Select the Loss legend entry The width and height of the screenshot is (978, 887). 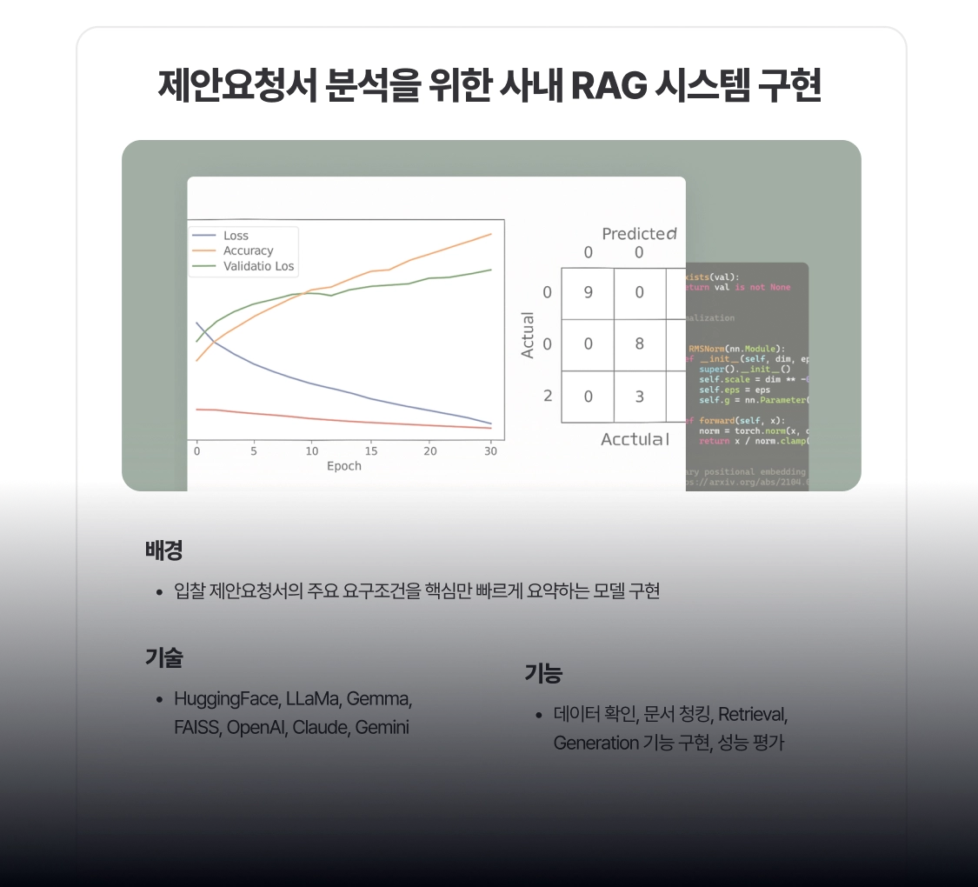tap(236, 236)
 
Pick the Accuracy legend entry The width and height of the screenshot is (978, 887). tap(248, 250)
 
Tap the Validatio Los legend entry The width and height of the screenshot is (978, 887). tap(258, 266)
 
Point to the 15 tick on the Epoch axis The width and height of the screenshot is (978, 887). tap(371, 450)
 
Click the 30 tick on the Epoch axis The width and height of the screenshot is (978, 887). tap(490, 450)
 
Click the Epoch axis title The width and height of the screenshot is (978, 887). tap(343, 466)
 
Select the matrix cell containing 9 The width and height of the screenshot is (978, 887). tap(588, 293)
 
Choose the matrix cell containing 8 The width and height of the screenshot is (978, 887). tap(639, 344)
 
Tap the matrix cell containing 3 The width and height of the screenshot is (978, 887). tap(639, 397)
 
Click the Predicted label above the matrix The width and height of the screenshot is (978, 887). tap(639, 234)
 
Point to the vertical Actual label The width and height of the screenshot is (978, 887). tap(528, 335)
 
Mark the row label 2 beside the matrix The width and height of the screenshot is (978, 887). tap(548, 397)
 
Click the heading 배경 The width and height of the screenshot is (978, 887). tap(163, 550)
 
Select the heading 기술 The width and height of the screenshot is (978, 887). tap(163, 658)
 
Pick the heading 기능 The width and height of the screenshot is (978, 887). tap(543, 673)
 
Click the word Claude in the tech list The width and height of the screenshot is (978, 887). tap(319, 728)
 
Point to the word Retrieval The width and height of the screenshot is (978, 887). tap(753, 715)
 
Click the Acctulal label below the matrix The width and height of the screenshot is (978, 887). tap(635, 439)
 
